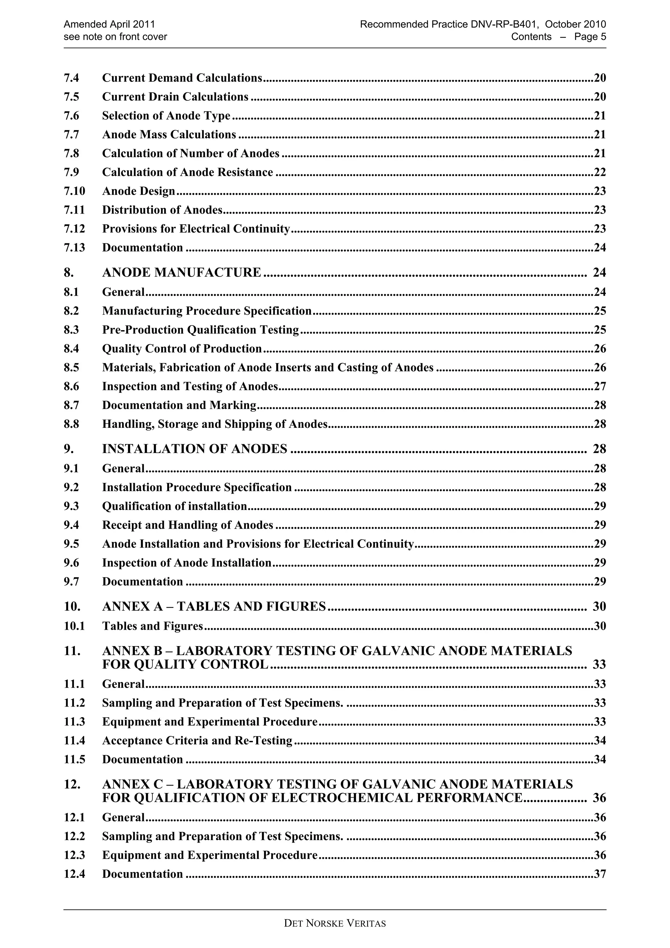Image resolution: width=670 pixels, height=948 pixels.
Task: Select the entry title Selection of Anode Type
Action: tap(166, 115)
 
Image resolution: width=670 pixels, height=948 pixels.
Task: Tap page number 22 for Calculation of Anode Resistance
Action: tap(599, 172)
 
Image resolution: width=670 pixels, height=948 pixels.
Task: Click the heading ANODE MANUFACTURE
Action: tap(182, 272)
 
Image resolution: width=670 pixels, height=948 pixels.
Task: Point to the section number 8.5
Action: tap(71, 367)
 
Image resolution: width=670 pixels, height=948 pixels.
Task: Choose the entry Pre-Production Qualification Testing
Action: tap(200, 330)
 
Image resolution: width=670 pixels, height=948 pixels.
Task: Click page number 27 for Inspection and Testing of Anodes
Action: tap(599, 386)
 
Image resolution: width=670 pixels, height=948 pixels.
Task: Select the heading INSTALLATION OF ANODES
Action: tap(194, 449)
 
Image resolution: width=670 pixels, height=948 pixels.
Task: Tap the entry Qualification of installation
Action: tap(174, 506)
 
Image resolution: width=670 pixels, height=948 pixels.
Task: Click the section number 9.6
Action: tap(71, 563)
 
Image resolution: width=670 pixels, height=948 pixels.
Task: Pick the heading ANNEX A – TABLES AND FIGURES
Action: tap(214, 606)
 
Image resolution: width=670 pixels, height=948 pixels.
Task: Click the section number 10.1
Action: tap(74, 626)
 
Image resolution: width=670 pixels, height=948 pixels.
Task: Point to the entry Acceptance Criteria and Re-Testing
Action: tap(197, 741)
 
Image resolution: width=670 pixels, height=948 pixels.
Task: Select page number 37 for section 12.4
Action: tap(599, 874)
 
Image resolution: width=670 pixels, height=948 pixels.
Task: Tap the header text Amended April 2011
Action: tap(109, 24)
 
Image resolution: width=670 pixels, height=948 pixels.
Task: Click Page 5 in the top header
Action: tap(590, 37)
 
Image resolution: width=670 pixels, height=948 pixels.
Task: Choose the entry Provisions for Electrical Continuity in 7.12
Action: tap(196, 229)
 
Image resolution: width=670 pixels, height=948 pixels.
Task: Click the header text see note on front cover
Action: tap(115, 37)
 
